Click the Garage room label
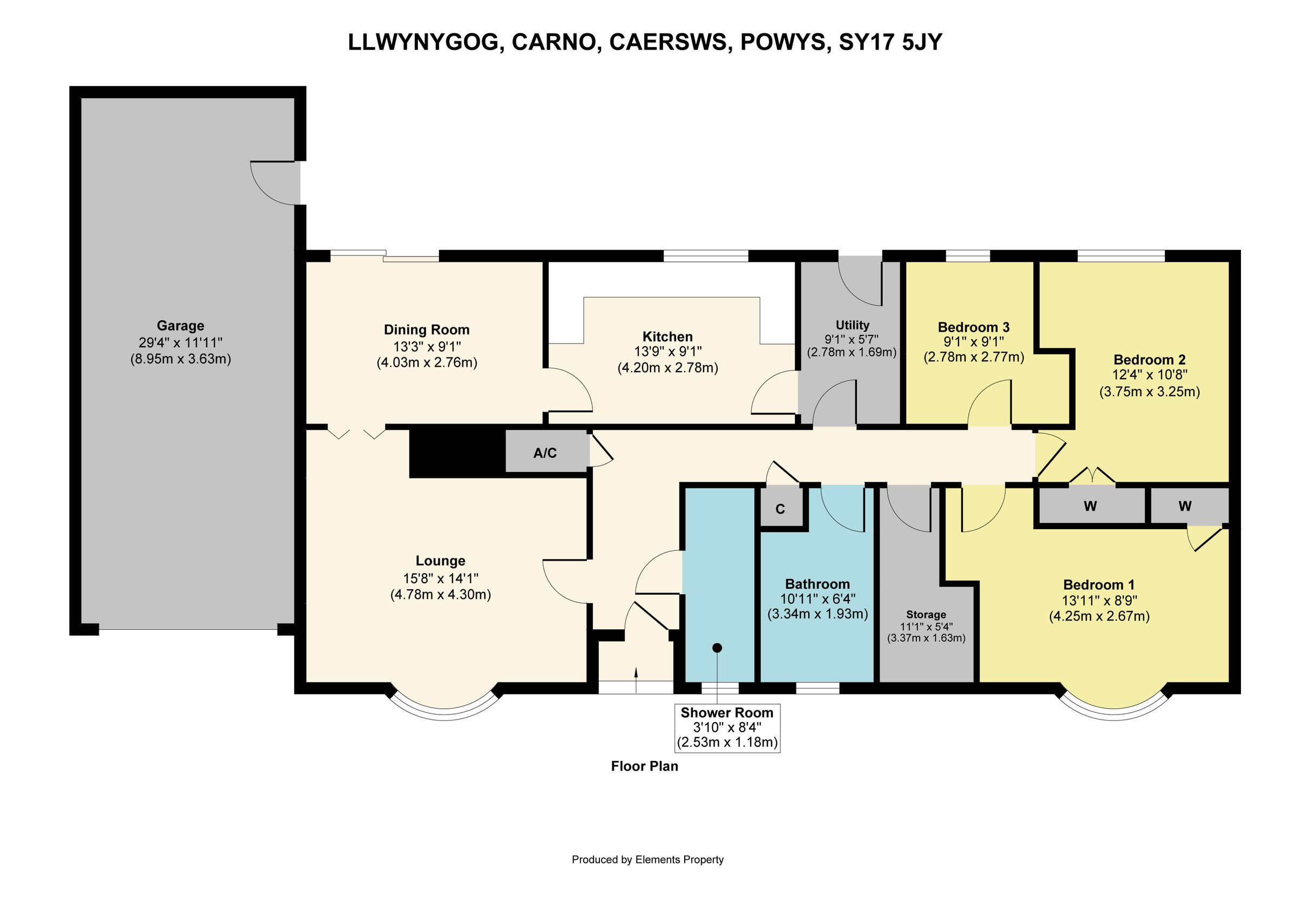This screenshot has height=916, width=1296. [x=180, y=326]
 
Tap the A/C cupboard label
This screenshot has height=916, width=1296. [x=545, y=453]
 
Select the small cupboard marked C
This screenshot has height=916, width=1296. [x=780, y=509]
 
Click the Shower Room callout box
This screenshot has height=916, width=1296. [x=727, y=728]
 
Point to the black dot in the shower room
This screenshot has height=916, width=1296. [x=717, y=648]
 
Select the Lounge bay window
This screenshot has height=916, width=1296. [x=444, y=711]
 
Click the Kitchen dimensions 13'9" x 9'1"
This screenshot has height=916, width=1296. [x=668, y=352]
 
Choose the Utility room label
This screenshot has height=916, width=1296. [x=852, y=325]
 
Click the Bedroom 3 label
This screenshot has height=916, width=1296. [x=973, y=327]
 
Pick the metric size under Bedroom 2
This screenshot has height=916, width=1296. [x=1149, y=391]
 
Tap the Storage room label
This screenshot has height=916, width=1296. [x=926, y=614]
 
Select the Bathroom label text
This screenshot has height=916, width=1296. [x=818, y=584]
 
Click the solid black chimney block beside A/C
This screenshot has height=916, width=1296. [x=456, y=453]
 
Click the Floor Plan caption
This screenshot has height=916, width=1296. [x=644, y=766]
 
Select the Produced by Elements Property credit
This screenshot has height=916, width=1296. [x=647, y=860]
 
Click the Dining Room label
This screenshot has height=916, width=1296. [x=426, y=329]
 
